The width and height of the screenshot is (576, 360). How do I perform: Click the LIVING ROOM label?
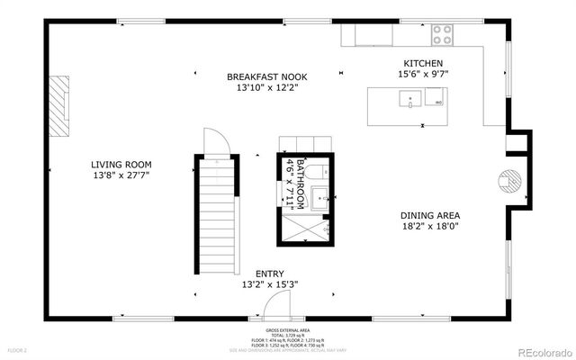[121, 165]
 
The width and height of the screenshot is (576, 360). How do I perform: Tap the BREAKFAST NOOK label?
[267, 76]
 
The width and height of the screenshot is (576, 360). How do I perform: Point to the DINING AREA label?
[430, 215]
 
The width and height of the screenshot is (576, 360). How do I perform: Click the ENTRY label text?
[270, 274]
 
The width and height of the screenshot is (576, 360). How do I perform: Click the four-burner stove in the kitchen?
[442, 34]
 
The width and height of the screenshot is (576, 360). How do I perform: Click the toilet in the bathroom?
[314, 171]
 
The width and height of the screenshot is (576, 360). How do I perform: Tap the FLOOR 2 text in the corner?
[17, 349]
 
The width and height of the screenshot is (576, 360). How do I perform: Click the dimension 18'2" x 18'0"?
[430, 228]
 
